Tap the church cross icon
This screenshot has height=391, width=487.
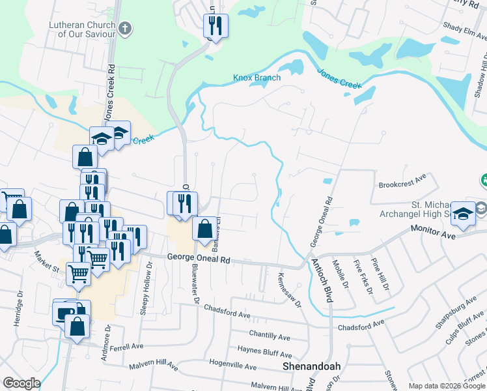126,28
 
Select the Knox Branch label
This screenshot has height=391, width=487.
257,78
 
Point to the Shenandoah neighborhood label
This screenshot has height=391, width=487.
311,367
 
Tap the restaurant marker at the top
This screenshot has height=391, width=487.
215,25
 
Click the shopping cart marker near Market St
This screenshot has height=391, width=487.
78,274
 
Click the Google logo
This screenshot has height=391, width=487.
21,383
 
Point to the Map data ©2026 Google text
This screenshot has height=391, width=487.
446,386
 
